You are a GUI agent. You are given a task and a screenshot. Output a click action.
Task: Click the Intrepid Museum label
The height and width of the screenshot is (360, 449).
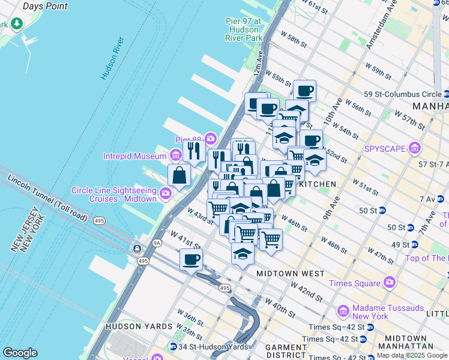134,157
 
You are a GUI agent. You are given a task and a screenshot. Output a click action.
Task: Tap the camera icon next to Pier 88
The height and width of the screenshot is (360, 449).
210,139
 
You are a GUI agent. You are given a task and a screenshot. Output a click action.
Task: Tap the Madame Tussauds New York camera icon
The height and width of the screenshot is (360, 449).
343,311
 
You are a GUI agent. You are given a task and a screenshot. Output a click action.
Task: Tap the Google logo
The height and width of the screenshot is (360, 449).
20,353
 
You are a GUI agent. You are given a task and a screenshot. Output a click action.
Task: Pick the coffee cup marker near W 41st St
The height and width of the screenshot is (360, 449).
191,260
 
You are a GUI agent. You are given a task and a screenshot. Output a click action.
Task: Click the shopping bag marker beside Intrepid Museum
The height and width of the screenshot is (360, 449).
179,175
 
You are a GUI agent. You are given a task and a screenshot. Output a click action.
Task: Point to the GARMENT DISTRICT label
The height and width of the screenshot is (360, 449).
286,352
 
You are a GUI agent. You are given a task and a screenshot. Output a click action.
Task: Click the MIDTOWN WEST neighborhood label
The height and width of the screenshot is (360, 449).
290,273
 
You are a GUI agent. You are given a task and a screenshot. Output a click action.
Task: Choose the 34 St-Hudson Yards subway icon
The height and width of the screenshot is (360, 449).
173,346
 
